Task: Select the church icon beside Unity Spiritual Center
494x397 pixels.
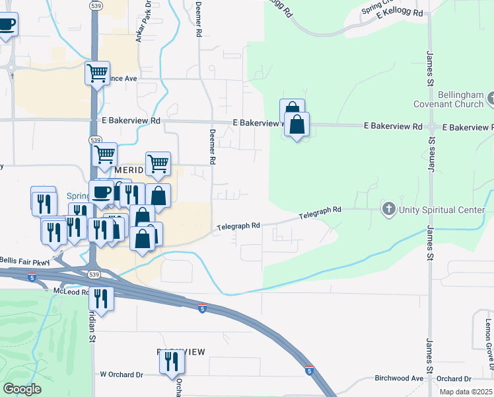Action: [389, 210]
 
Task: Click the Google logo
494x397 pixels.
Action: [22, 389]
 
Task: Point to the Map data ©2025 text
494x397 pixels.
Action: [466, 392]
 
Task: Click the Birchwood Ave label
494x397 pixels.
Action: [398, 378]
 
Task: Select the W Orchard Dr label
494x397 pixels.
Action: [121, 375]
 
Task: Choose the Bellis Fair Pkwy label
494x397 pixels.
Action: [24, 261]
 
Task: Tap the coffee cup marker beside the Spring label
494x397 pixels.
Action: [101, 193]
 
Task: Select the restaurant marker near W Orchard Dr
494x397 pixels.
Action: [172, 361]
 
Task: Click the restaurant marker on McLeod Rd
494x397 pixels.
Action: [101, 298]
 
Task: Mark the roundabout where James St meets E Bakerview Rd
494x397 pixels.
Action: [431, 126]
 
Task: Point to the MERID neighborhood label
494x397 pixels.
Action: [128, 171]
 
